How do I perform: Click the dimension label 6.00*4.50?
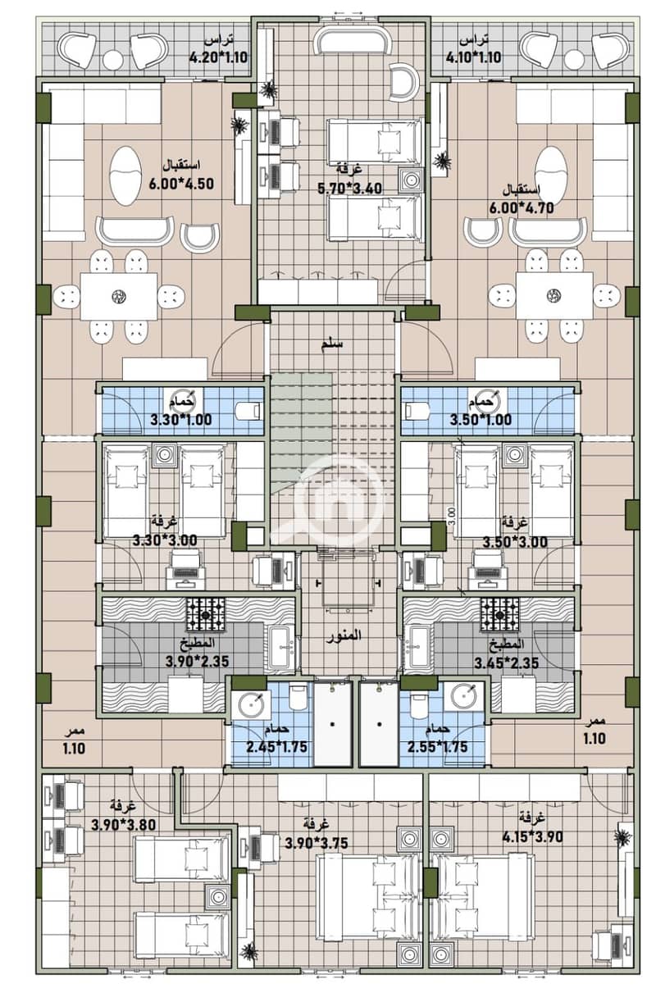click(181, 184)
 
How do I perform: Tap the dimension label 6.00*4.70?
click(522, 208)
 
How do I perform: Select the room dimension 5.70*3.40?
click(350, 189)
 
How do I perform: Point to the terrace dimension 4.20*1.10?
click(218, 57)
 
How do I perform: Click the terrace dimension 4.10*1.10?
click(473, 57)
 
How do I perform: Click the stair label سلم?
click(331, 344)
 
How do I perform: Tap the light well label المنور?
click(344, 636)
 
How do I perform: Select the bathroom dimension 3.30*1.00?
click(180, 420)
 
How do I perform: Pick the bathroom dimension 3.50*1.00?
click(481, 420)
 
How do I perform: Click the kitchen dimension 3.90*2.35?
click(197, 661)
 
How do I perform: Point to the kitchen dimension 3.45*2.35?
click(507, 663)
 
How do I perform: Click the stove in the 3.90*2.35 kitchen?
click(206, 615)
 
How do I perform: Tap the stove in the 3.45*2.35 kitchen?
click(500, 615)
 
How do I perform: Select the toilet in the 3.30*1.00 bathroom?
click(248, 410)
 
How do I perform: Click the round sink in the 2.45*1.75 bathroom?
click(251, 704)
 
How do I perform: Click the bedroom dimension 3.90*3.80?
click(124, 824)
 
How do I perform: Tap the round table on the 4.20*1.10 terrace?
click(113, 58)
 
